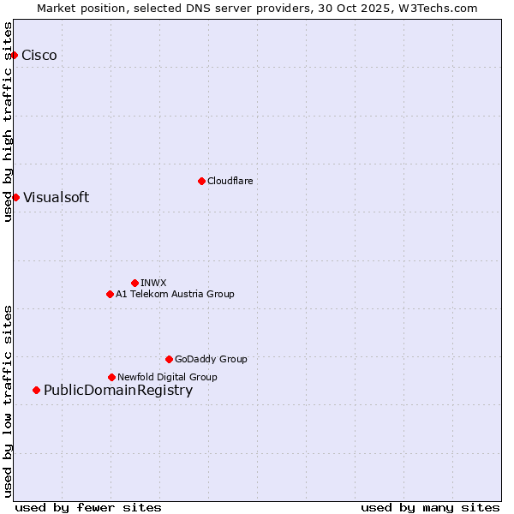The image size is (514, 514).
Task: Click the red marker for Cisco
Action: pos(14,55)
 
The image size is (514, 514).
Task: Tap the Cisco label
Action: pos(39,56)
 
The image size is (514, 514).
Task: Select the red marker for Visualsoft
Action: pos(15,197)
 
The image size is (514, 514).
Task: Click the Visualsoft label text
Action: pos(56,198)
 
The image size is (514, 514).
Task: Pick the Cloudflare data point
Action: pos(201,181)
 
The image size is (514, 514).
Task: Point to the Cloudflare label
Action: pos(230,181)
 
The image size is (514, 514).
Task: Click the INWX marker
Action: pos(134,283)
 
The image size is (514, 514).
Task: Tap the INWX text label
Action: pos(153,283)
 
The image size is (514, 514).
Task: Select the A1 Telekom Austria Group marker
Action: pos(110,294)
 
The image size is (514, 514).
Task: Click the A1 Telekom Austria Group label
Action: pos(175,294)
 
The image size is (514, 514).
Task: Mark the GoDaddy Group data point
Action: pos(169,359)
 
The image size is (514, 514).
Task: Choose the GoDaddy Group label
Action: pos(211,359)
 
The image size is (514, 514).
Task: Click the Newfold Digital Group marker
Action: pos(111,377)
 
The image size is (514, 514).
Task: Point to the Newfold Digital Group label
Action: pos(167,377)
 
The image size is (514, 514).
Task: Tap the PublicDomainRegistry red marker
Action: pos(36,391)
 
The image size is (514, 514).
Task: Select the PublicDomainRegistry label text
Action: pos(118,391)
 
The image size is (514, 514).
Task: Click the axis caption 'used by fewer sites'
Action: pos(88,508)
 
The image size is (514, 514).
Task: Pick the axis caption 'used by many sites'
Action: pos(430,508)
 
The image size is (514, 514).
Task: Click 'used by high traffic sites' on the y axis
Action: pos(9,122)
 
